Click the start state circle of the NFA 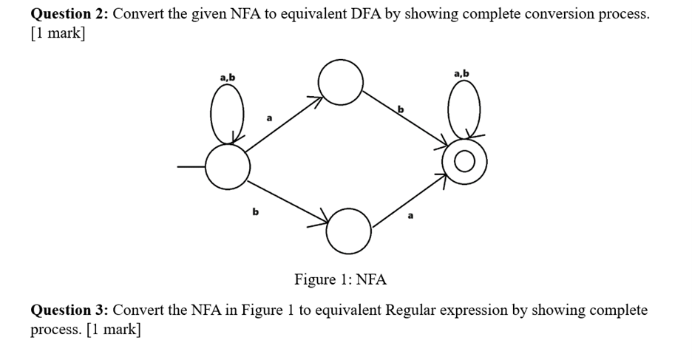pos(227,167)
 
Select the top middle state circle pos(340,81)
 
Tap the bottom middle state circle pos(347,230)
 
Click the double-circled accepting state pos(465,163)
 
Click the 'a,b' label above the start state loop pos(227,76)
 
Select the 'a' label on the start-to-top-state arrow pos(269,117)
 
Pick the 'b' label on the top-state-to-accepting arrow pos(401,109)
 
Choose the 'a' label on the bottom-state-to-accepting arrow pos(411,216)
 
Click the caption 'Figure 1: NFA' pos(340,279)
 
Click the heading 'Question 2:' pos(70,15)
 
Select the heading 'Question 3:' pos(70,310)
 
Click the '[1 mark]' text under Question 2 pos(58,34)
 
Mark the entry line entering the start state pos(191,167)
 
